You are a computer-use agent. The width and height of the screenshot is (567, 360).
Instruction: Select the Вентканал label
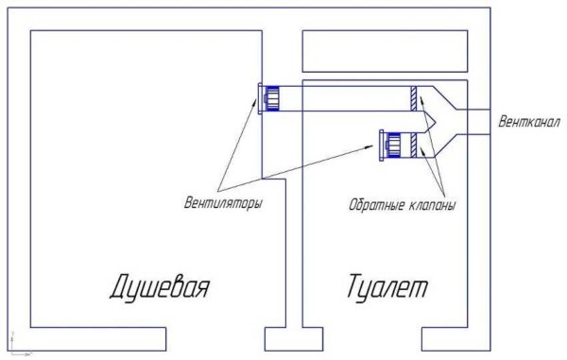pyautogui.click(x=528, y=123)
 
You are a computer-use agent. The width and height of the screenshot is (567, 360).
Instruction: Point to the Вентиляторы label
pyautogui.click(x=224, y=202)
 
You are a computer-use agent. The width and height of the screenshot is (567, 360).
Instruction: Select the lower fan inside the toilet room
pyautogui.click(x=391, y=144)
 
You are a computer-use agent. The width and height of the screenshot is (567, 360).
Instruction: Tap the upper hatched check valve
pyautogui.click(x=415, y=98)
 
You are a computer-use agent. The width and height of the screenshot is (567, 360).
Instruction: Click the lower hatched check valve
pyautogui.click(x=416, y=144)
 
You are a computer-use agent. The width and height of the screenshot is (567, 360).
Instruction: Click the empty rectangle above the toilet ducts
pyautogui.click(x=384, y=51)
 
